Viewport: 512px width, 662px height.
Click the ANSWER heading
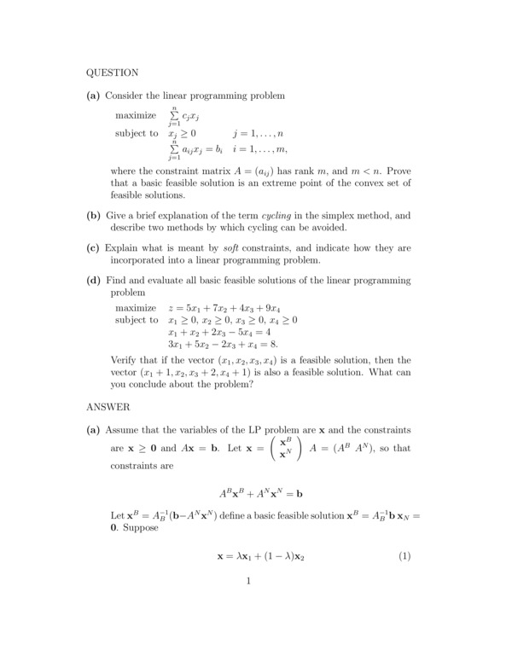[108, 407]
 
